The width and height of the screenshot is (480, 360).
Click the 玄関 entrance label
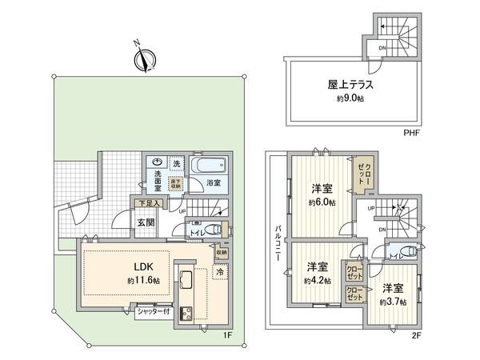point(145,223)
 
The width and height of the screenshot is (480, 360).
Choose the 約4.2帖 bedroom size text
point(316,281)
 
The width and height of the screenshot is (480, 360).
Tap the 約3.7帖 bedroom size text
point(393,302)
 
